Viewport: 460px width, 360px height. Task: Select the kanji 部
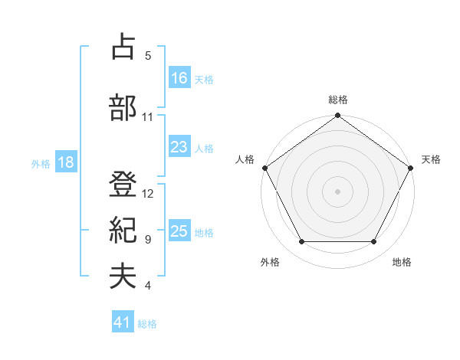point(123,107)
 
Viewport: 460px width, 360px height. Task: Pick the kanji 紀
point(123,230)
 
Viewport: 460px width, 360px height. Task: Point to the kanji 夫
point(123,277)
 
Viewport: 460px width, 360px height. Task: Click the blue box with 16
point(179,78)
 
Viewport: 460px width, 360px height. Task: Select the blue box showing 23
point(179,148)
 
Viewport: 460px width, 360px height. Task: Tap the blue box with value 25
point(179,232)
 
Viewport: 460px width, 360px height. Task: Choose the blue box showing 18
point(66,162)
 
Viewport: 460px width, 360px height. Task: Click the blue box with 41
point(123,323)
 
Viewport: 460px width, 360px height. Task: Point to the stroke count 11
point(147,117)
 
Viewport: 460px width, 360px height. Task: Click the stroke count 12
point(148,193)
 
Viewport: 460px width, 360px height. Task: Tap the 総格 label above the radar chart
point(338,100)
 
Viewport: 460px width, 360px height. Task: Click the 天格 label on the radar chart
point(432,159)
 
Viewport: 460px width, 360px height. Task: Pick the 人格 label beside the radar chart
point(245,159)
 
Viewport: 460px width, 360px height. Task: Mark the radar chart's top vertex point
point(338,116)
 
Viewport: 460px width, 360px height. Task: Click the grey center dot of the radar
point(338,191)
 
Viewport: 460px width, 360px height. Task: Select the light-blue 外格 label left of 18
point(41,163)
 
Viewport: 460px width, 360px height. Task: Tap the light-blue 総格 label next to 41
point(147,324)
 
